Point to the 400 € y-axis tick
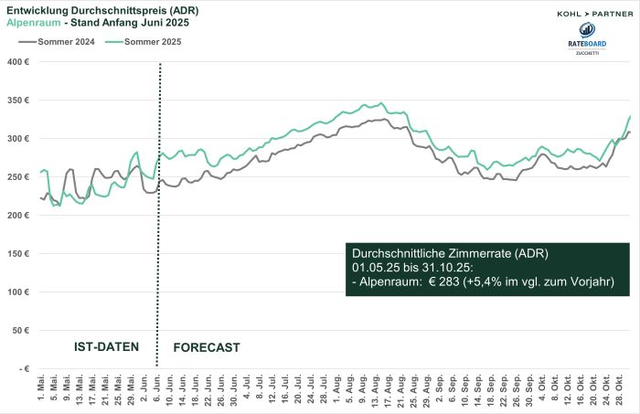point(19,62)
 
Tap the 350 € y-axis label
point(19,101)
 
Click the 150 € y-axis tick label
point(19,254)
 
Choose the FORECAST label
point(206,347)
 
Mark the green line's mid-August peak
point(381,103)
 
